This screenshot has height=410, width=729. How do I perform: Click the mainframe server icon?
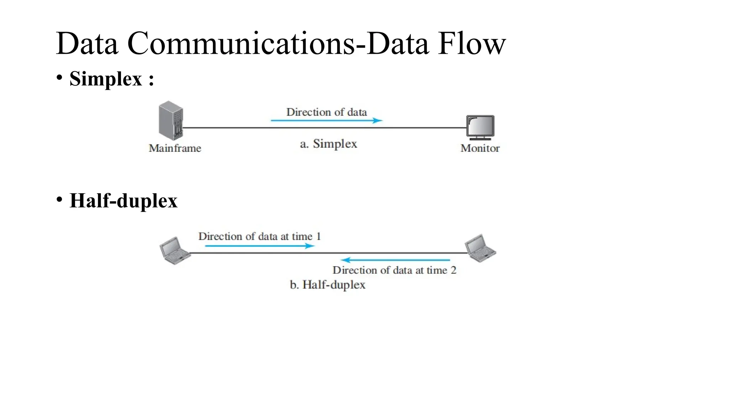point(171,120)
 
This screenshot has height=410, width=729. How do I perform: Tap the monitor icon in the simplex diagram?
point(480,127)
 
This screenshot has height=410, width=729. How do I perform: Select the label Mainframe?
point(175,148)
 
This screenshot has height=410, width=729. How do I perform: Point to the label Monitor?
point(480,148)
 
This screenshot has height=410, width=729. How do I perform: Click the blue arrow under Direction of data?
point(326,121)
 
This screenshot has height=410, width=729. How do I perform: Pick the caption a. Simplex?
point(328,144)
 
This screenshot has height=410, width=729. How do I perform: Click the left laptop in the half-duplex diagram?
point(174,251)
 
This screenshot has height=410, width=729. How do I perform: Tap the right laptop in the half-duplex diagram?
point(480,248)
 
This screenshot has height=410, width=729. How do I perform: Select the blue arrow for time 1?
point(260,246)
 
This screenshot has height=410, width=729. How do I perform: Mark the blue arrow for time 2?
point(395,260)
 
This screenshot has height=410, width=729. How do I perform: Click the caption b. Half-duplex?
point(327,285)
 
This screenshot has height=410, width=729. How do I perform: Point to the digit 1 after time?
point(319,236)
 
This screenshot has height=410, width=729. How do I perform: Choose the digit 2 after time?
point(453,270)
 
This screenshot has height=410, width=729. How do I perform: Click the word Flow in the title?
point(472,44)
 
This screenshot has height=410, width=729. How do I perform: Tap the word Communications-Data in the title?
point(278,44)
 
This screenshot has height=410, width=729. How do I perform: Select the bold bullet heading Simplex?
point(106,79)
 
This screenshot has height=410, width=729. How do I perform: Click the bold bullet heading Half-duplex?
point(123,201)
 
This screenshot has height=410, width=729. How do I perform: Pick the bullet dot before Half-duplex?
point(59,199)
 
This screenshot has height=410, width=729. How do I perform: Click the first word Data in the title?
point(87,44)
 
